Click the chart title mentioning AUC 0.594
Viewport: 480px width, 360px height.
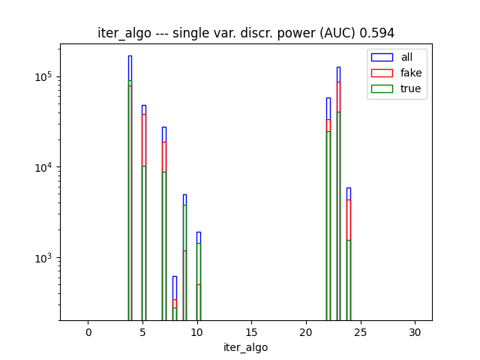click(x=246, y=33)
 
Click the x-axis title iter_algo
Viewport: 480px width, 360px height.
click(x=246, y=347)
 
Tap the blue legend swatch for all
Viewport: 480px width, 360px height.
click(x=382, y=57)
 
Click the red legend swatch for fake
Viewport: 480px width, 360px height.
click(x=382, y=73)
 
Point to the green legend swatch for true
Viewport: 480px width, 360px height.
click(x=382, y=88)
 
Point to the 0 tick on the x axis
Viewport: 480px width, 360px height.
click(x=88, y=332)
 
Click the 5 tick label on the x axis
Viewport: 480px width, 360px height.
click(x=142, y=332)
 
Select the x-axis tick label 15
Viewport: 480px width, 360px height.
click(x=251, y=332)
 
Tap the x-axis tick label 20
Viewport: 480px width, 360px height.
click(x=306, y=332)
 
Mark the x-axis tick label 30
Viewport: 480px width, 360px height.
click(x=415, y=332)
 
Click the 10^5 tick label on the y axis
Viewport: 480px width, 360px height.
click(x=44, y=77)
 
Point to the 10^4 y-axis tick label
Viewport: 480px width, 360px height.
click(x=44, y=167)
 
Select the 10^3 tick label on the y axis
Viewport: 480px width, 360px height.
click(x=44, y=258)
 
